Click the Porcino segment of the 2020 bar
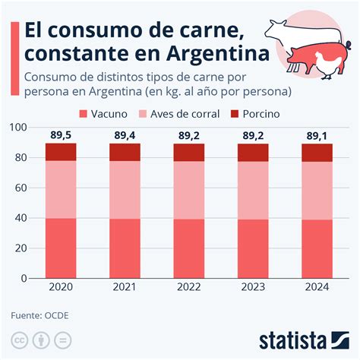coord(61,152)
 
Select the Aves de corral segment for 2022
coord(189,190)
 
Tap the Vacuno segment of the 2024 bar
coord(317,248)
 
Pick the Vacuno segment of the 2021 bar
coord(125,248)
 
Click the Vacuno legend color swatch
coord(84,114)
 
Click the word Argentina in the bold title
coord(215,55)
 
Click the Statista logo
coord(303,339)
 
